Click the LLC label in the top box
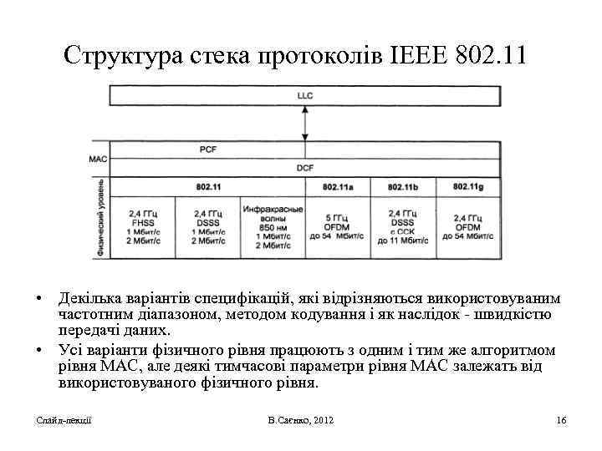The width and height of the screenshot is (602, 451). [x=304, y=96]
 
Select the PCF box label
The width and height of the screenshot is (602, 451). [x=208, y=149]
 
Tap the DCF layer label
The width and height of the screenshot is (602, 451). [x=304, y=168]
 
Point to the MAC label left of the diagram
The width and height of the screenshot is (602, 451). [x=98, y=159]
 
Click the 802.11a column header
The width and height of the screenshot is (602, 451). [x=339, y=186]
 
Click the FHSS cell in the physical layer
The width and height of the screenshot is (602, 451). [x=142, y=222]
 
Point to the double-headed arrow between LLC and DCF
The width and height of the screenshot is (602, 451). [x=304, y=124]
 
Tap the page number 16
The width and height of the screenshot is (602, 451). [x=561, y=419]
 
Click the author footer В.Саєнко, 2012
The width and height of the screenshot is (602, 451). [x=301, y=419]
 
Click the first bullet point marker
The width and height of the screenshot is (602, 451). [x=39, y=299]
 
